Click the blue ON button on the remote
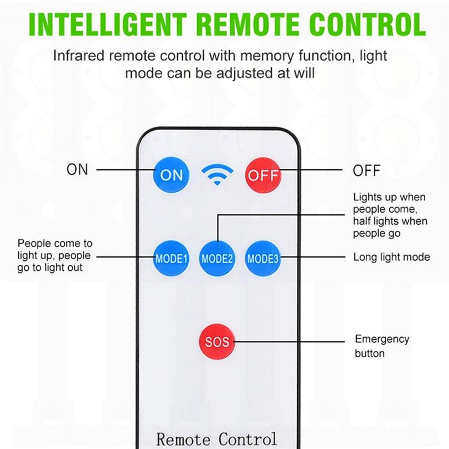[171, 175]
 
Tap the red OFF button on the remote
[262, 175]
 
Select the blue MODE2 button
[217, 258]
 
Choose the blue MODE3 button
[262, 258]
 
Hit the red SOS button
[217, 340]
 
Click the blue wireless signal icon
[216, 174]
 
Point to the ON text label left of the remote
[78, 169]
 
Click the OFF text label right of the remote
[367, 171]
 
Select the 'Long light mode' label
[391, 257]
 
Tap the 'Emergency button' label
[382, 346]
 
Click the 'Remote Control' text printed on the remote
[216, 439]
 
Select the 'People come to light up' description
[55, 255]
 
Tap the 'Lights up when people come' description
[390, 215]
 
